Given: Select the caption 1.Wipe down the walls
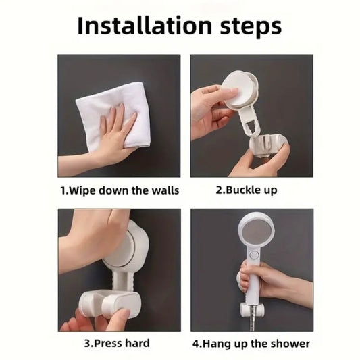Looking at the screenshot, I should coord(120,190).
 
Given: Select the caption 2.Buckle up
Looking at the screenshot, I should coord(246,190).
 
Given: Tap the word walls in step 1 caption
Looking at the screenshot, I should coord(165,190).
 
